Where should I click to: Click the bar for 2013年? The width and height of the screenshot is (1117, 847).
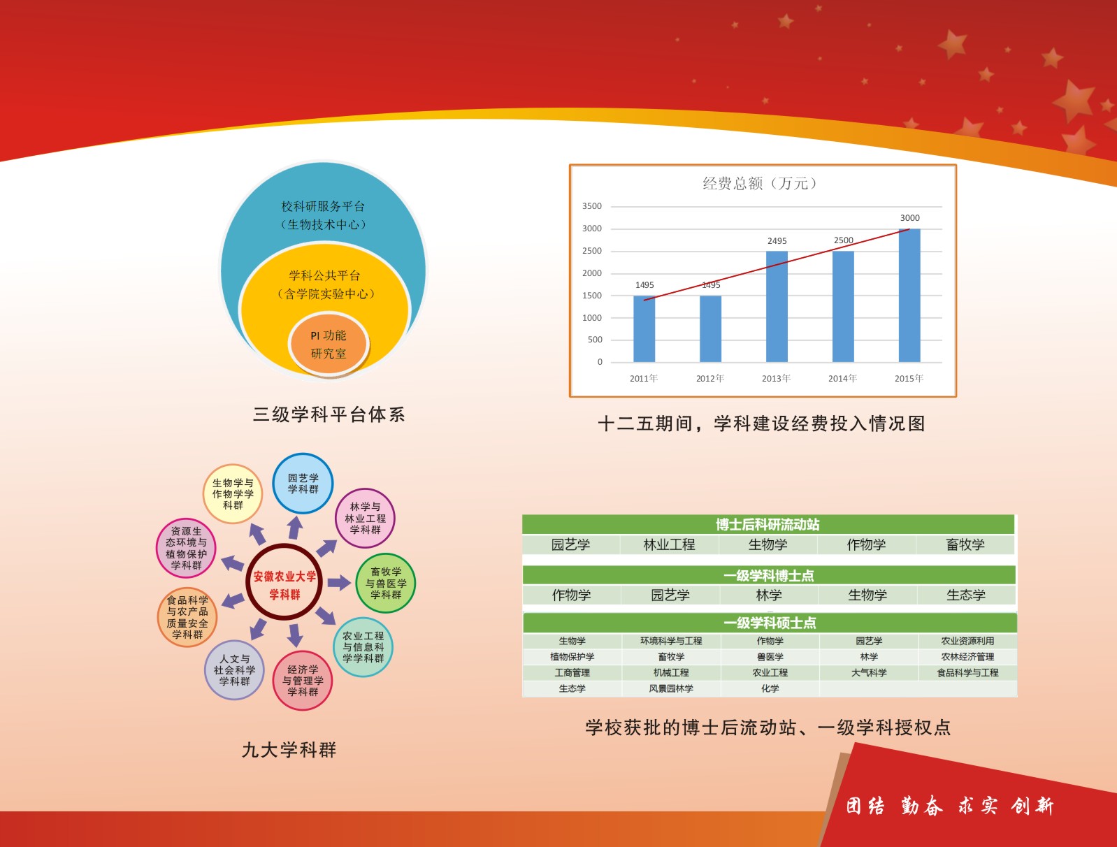click(x=777, y=306)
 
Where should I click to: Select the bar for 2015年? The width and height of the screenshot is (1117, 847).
click(x=909, y=295)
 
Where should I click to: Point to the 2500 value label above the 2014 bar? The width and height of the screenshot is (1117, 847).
click(x=843, y=240)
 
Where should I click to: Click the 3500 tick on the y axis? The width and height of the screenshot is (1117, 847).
click(x=592, y=206)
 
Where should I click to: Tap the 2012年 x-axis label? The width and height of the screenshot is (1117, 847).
click(x=710, y=378)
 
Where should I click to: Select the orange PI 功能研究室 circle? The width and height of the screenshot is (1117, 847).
click(x=329, y=345)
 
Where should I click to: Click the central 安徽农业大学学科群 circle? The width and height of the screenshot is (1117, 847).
click(x=284, y=582)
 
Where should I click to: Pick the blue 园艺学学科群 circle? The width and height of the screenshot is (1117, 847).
click(x=303, y=484)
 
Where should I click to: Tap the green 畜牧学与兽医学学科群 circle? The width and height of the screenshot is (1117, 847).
click(x=386, y=583)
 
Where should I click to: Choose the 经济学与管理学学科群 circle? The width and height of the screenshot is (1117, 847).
click(x=302, y=681)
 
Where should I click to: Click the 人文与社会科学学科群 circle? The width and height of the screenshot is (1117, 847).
click(x=234, y=670)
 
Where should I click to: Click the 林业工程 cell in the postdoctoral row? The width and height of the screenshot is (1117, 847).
click(x=669, y=545)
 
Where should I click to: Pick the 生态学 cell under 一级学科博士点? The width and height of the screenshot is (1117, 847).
click(x=966, y=595)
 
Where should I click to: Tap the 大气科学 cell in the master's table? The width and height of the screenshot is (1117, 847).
click(x=869, y=672)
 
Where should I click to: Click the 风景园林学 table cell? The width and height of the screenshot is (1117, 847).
click(x=671, y=688)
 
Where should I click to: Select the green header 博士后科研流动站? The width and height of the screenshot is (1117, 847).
click(x=768, y=524)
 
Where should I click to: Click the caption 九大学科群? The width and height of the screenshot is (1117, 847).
click(x=289, y=750)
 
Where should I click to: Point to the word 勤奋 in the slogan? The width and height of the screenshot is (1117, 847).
click(x=921, y=806)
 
